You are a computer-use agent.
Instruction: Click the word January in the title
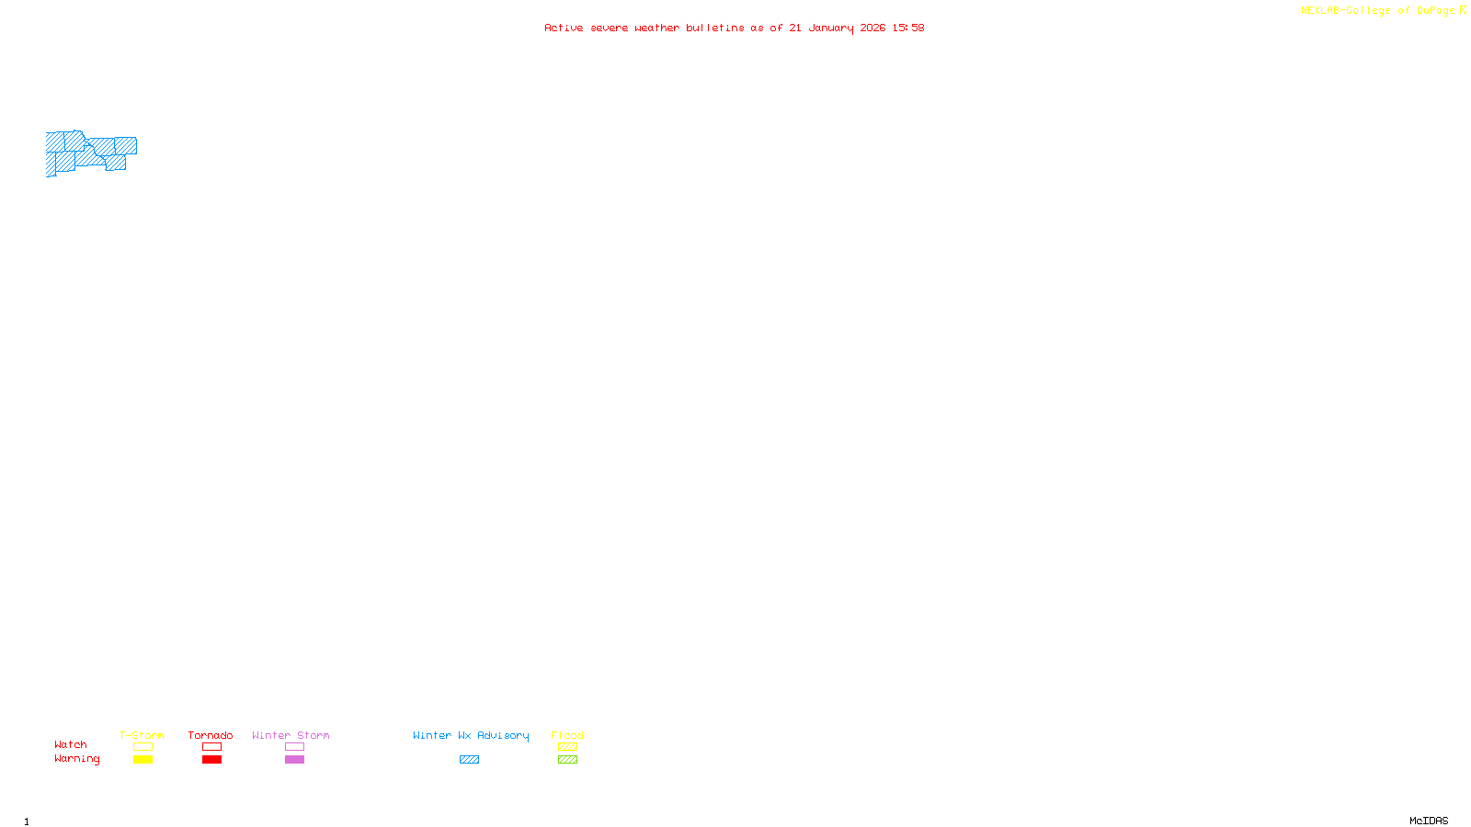[830, 28]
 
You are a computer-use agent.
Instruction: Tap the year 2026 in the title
[872, 28]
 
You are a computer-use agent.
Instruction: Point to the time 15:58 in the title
[908, 28]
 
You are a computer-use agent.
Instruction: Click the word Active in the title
[564, 28]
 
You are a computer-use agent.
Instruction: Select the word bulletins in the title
[715, 28]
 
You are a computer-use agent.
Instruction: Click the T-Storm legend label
[142, 735]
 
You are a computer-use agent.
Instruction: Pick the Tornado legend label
[211, 735]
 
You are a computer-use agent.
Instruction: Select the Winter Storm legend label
[291, 735]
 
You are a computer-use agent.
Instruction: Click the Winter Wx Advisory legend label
[471, 735]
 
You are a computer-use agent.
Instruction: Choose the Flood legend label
[567, 735]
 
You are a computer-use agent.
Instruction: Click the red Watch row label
[71, 744]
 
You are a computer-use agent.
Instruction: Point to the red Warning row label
[76, 759]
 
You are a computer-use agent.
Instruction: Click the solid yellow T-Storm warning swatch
[143, 760]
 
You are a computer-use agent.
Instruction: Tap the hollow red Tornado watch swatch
[211, 747]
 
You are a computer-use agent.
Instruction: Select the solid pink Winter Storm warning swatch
[294, 760]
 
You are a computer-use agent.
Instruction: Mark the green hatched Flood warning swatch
[567, 760]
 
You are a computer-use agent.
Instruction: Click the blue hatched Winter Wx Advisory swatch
[469, 760]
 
